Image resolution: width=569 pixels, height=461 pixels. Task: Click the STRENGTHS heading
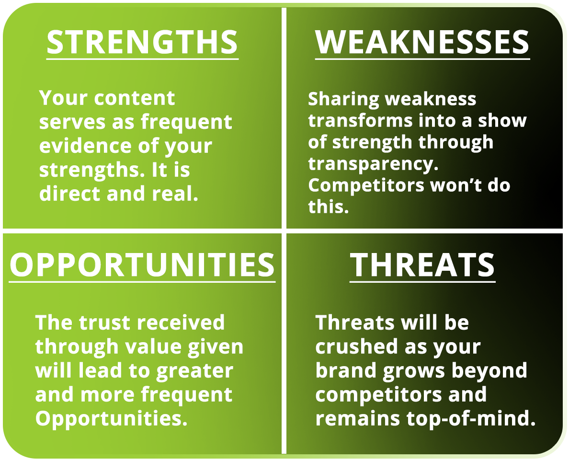pyautogui.click(x=142, y=42)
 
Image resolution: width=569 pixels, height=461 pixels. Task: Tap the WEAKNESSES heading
pyautogui.click(x=422, y=42)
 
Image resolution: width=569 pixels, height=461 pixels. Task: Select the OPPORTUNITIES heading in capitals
pyautogui.click(x=142, y=265)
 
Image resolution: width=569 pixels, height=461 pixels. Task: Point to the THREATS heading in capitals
pyautogui.click(x=422, y=265)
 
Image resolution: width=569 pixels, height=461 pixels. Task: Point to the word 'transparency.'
pyautogui.click(x=374, y=164)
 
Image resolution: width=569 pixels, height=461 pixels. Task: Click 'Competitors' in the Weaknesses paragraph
pyautogui.click(x=366, y=186)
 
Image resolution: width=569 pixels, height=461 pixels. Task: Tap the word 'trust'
pyautogui.click(x=104, y=323)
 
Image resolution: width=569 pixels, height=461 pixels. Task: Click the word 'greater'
pyautogui.click(x=194, y=371)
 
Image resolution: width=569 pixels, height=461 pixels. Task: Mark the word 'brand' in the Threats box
pyautogui.click(x=345, y=370)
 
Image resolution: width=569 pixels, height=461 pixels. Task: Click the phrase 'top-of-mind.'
pyautogui.click(x=471, y=419)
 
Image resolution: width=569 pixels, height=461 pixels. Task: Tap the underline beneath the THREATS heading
pyautogui.click(x=422, y=281)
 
